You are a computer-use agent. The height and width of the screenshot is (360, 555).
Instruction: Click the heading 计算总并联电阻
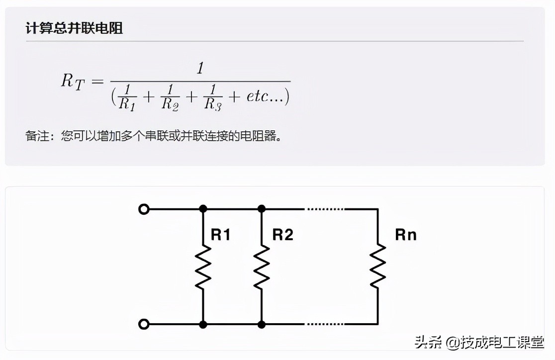75,28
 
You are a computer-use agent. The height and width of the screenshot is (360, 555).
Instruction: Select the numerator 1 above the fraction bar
200,69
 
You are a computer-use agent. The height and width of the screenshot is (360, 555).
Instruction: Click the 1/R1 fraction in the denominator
128,96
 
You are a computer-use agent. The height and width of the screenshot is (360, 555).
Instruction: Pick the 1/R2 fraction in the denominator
171,96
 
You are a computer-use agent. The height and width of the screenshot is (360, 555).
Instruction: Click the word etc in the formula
258,96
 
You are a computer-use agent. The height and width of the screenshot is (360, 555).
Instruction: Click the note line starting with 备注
154,136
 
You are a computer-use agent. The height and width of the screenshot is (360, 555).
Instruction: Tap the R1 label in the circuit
221,235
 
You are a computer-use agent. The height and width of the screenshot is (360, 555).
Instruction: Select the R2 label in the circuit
283,235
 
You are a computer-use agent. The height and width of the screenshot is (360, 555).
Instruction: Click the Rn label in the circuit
406,235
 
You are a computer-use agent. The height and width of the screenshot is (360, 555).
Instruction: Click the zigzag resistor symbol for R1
203,267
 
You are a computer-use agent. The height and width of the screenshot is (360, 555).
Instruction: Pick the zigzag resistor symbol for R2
262,267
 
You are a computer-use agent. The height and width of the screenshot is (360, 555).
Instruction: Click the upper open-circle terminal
144,209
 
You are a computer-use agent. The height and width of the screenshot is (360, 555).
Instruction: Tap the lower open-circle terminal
144,325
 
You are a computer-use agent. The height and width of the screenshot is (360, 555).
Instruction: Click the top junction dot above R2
262,209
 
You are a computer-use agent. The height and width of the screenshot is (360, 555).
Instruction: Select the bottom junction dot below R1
203,325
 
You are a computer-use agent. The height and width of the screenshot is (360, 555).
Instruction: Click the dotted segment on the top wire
325,209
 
